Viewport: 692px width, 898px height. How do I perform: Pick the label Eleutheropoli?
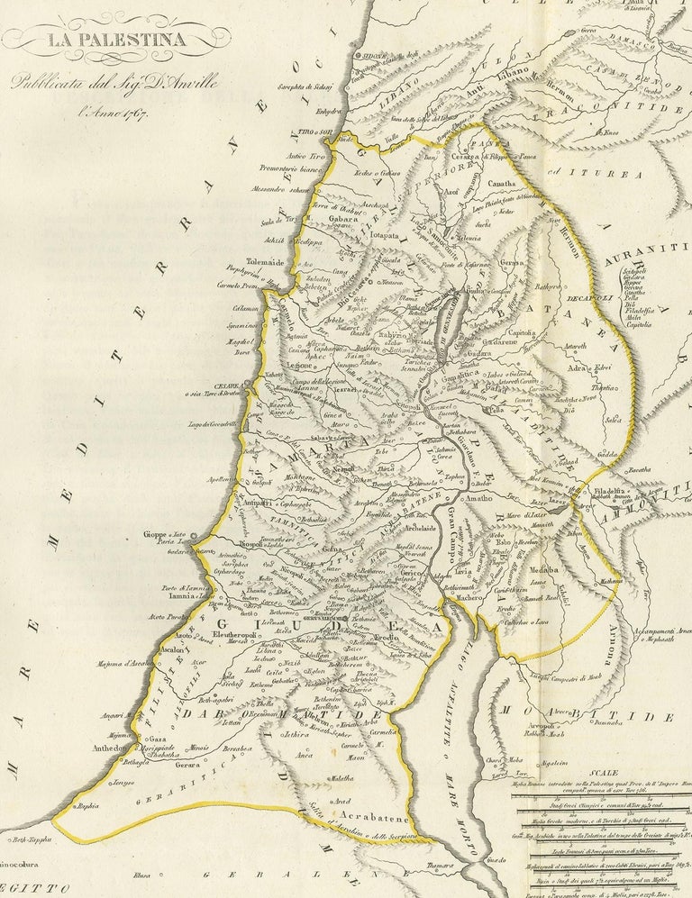coord(235,634)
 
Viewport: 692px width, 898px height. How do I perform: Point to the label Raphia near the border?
coord(86,806)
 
